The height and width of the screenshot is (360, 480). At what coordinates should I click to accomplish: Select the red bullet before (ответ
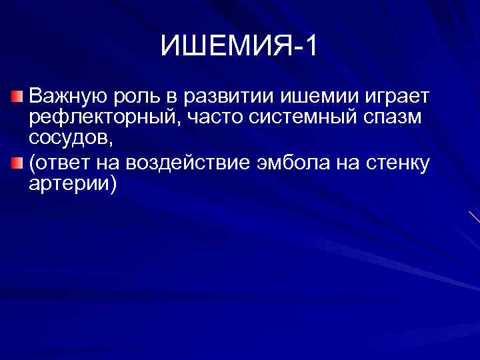click(x=19, y=163)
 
